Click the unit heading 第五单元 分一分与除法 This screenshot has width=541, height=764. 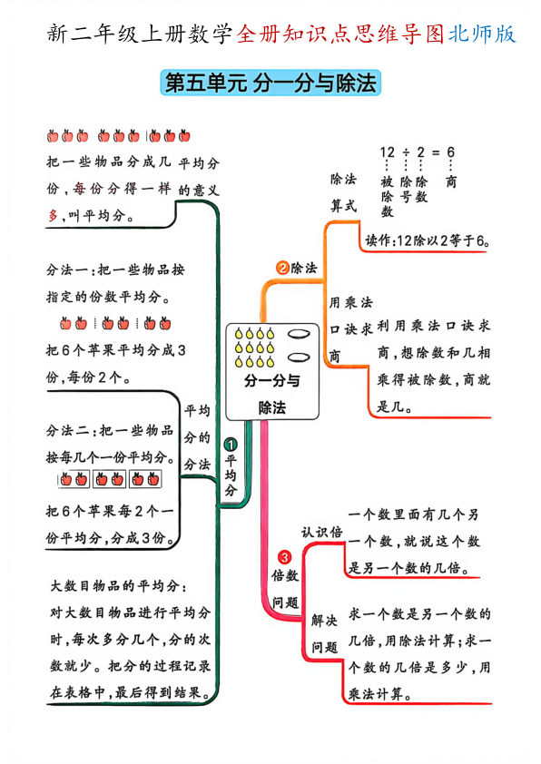(x=270, y=83)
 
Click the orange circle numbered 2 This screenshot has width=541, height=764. (x=282, y=268)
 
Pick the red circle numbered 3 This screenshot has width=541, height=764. (x=284, y=556)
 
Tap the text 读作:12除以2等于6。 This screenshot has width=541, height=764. (x=427, y=240)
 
